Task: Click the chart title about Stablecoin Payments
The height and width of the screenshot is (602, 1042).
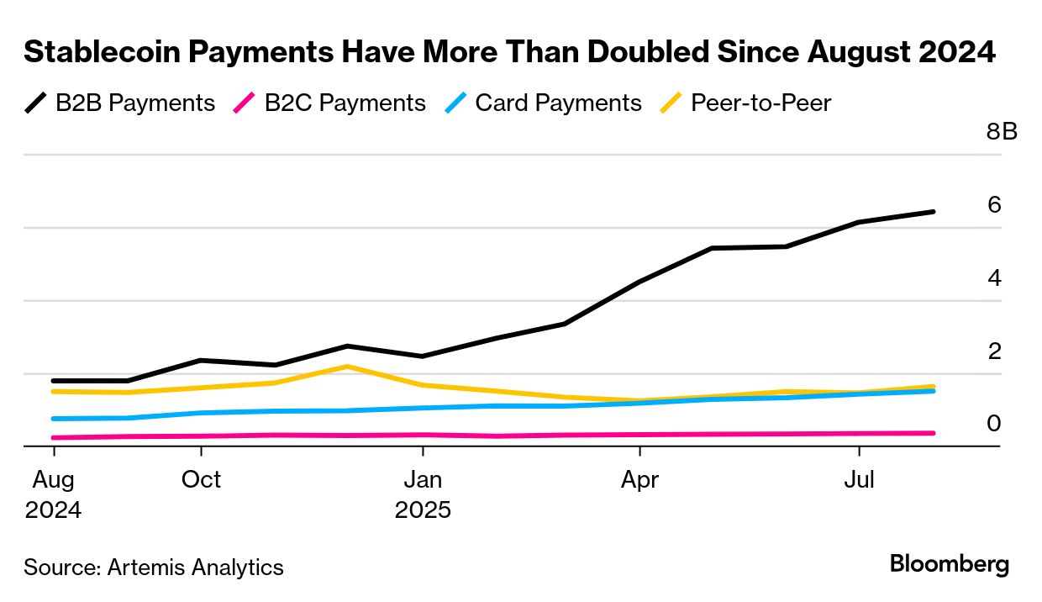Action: [x=509, y=52]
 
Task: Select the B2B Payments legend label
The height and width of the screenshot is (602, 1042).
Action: [x=135, y=103]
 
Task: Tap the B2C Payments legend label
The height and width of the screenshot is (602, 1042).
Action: [x=345, y=103]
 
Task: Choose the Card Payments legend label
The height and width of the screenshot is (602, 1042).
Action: [x=558, y=103]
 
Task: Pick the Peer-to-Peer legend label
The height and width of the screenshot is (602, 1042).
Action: [x=760, y=103]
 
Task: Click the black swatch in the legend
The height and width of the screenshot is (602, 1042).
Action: [x=36, y=103]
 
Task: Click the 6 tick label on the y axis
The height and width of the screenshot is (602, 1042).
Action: [x=994, y=205]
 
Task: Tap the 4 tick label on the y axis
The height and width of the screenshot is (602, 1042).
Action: [x=994, y=277]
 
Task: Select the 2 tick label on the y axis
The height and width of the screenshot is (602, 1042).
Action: [x=994, y=351]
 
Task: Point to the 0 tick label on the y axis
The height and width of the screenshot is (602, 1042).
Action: [x=994, y=423]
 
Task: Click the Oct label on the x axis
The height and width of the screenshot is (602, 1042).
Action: [x=201, y=480]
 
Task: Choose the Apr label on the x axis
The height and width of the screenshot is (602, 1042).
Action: [x=639, y=480]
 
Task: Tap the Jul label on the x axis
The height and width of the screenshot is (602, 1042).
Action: [x=859, y=480]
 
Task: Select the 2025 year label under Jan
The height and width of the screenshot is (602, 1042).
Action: [x=423, y=510]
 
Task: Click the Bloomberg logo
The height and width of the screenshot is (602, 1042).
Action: [x=950, y=564]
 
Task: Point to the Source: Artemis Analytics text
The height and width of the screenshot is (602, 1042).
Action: [x=154, y=568]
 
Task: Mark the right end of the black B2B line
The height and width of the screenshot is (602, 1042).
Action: [x=933, y=212]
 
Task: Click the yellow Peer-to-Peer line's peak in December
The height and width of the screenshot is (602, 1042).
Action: [x=347, y=367]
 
